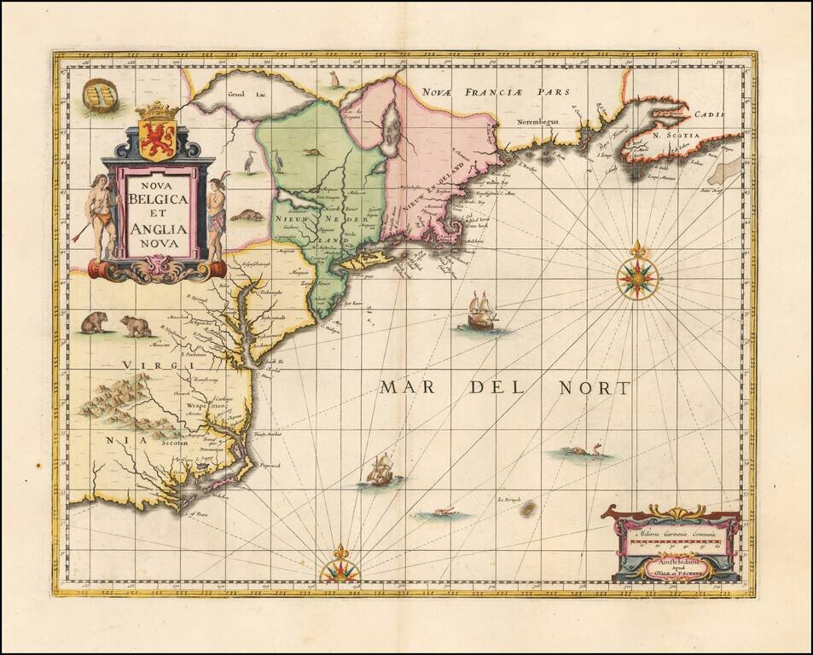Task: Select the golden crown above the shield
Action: [x=156, y=111]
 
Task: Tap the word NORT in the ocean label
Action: [x=594, y=388]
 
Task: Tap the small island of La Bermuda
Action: [x=528, y=508]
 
